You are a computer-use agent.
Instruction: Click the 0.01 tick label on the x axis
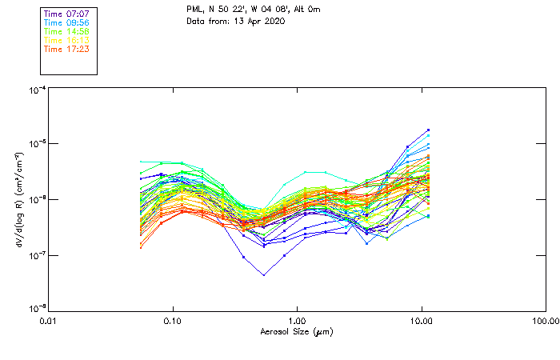click(x=49, y=321)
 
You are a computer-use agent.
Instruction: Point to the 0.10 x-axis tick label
click(x=173, y=321)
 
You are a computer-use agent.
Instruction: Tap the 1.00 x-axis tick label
click(x=297, y=321)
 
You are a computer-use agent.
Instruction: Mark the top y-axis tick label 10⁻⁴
click(x=36, y=90)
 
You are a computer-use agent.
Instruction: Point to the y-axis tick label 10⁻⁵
click(x=36, y=145)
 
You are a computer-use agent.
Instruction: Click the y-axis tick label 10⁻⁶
click(x=36, y=200)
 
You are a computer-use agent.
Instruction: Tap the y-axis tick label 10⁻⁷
click(x=36, y=255)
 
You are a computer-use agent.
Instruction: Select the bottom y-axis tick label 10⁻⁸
click(x=36, y=310)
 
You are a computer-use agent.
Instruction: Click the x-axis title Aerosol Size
click(x=296, y=331)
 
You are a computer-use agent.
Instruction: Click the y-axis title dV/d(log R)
click(x=18, y=199)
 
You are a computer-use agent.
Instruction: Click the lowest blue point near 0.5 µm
click(x=264, y=275)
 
